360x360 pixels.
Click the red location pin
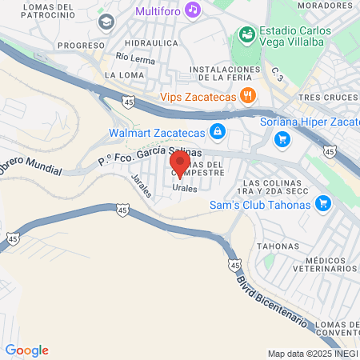tap(179, 163)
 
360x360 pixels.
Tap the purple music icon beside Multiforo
tap(191, 10)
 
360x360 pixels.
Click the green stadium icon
tap(246, 35)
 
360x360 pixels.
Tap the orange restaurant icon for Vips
tap(249, 96)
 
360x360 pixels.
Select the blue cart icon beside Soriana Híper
tap(282, 139)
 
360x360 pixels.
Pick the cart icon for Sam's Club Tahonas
tap(323, 202)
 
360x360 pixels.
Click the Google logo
tap(26, 350)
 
